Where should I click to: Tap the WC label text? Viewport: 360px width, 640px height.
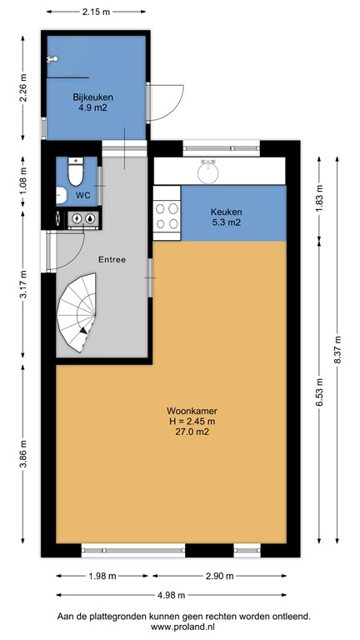[x=82, y=195]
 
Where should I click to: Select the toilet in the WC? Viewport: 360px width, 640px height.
[x=74, y=172]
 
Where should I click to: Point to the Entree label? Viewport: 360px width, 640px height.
[x=112, y=259]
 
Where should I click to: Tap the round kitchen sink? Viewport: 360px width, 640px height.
[x=208, y=171]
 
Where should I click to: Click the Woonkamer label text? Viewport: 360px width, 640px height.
[x=187, y=411]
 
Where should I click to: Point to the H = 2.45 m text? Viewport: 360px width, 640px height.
[x=187, y=421]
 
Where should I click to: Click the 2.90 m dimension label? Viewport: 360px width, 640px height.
[x=219, y=575]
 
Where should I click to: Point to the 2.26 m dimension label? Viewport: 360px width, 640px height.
[x=23, y=87]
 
